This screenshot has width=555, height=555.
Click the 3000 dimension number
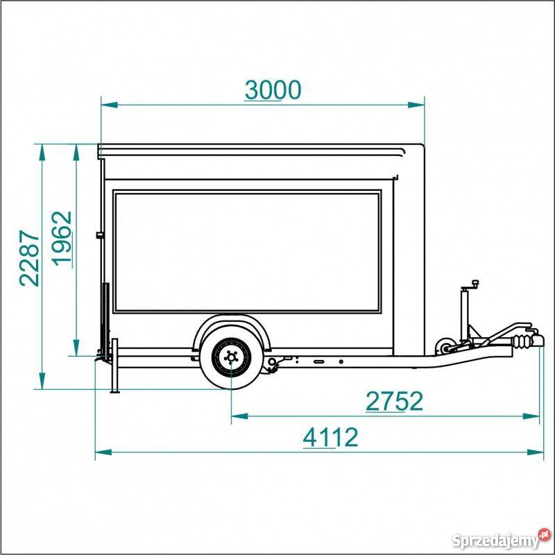pos(273,90)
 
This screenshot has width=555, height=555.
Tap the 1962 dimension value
pos(62,238)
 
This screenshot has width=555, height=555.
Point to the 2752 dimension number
pos(394,401)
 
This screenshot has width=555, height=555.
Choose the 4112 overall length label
pos(330,437)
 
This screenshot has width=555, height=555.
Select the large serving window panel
pos(247,251)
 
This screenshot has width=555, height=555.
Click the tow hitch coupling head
pos(536,340)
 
